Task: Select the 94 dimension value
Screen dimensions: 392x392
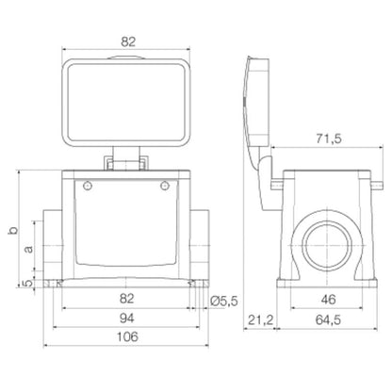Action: point(125,319)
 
